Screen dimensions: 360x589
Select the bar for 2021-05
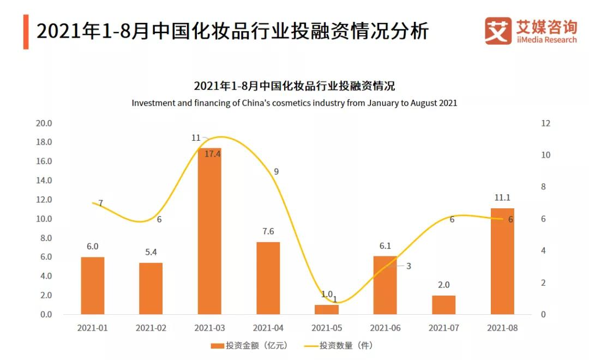point(327,309)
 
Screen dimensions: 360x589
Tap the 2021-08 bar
point(502,261)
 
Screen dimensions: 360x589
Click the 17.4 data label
point(213,154)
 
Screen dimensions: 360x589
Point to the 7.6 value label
point(268,231)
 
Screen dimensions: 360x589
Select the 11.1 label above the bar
point(502,197)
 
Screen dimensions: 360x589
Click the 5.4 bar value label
point(151,252)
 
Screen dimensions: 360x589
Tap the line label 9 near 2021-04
point(277,171)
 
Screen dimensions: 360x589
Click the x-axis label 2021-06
point(385,328)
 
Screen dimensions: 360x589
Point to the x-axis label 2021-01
point(92,328)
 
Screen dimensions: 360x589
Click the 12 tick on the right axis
point(545,123)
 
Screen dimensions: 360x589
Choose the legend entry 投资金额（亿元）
point(249,346)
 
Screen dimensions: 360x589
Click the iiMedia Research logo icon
point(498,31)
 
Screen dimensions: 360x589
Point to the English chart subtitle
point(294,103)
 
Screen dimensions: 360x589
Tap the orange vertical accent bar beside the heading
point(26,32)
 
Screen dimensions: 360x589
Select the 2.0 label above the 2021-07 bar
point(443,285)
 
